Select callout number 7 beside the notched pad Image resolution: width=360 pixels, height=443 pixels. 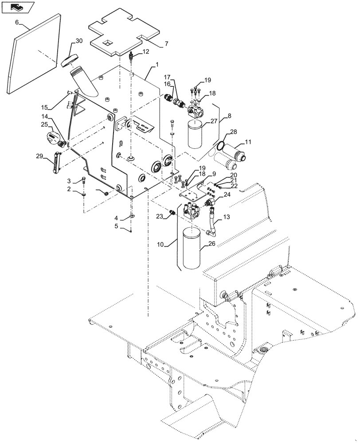pos(166,44)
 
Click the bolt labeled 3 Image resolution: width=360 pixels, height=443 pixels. pos(84,180)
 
